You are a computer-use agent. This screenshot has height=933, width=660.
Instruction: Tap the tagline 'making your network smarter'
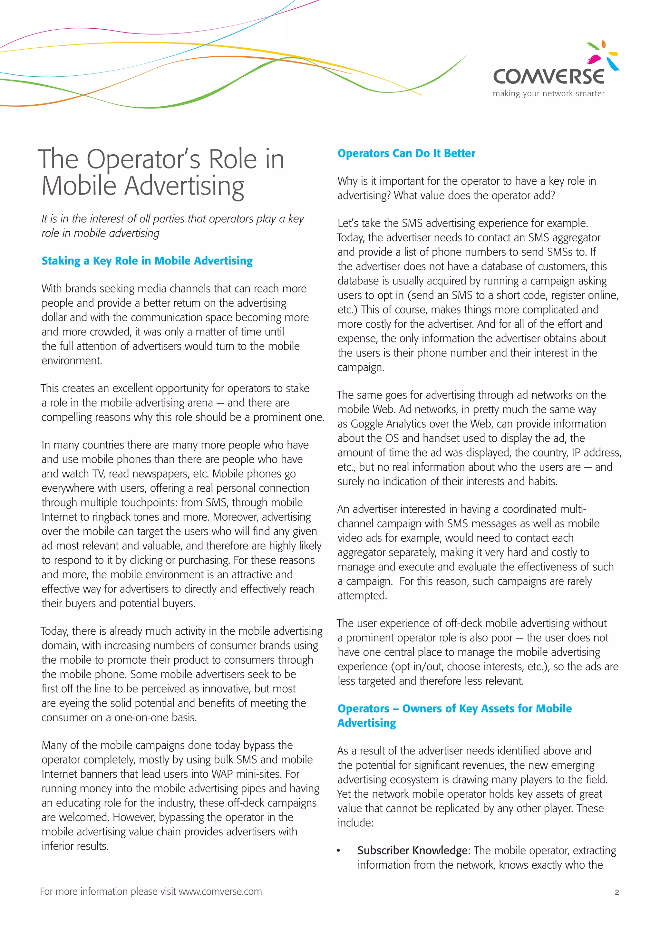(x=548, y=93)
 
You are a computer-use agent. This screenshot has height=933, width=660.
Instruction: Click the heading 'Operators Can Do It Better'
(x=406, y=153)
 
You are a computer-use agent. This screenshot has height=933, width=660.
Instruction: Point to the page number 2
(x=616, y=892)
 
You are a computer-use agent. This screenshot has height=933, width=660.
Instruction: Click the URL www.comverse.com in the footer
(x=220, y=891)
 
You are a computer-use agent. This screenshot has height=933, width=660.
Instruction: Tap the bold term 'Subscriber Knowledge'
(x=412, y=850)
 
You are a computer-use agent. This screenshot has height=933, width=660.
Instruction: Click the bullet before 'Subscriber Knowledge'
(x=338, y=851)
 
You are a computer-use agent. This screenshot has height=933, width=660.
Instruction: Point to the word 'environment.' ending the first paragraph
(x=72, y=361)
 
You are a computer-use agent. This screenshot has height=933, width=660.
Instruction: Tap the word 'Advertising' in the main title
(x=184, y=186)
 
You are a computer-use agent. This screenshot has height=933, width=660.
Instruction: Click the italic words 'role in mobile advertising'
(x=100, y=233)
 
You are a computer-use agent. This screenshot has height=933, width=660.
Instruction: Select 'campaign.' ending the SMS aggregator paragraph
(x=361, y=367)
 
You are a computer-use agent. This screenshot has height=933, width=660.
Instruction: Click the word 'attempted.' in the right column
(x=362, y=595)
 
